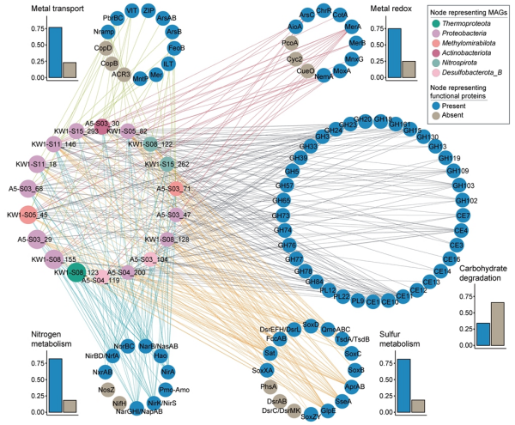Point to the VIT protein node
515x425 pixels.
(132, 10)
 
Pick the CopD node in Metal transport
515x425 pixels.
(106, 49)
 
